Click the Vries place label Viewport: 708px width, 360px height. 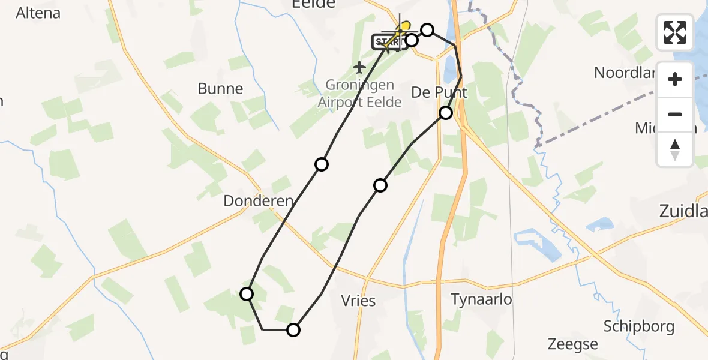[358, 300]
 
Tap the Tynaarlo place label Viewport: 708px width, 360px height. [481, 299]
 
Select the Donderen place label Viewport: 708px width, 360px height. [259, 201]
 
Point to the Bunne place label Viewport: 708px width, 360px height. [220, 89]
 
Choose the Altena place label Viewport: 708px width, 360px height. [38, 13]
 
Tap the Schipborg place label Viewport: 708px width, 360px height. [639, 326]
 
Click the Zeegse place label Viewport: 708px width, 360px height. [572, 344]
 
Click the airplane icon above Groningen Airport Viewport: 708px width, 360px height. [359, 67]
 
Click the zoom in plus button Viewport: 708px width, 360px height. [675, 79]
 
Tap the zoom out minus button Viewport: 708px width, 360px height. [675, 114]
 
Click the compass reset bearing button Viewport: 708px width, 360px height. [675, 149]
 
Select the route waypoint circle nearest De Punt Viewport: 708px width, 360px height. [446, 113]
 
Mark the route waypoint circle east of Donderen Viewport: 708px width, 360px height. [322, 164]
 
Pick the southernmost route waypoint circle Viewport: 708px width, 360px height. [293, 329]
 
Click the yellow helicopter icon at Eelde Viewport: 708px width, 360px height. [404, 28]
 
